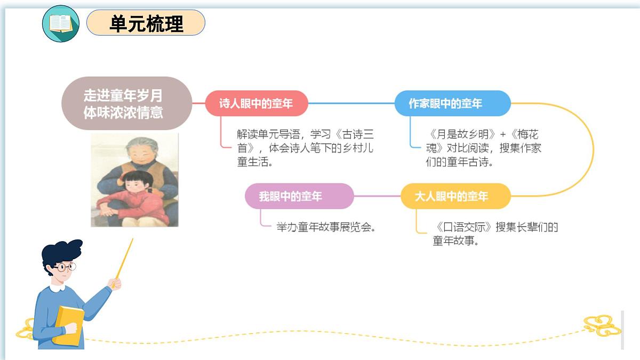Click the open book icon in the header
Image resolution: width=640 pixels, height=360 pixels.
click(60, 23)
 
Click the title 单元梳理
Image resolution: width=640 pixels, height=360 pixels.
click(146, 23)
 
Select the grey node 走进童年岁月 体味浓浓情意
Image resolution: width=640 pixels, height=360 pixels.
click(126, 103)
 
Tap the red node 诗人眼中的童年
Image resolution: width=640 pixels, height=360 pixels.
click(257, 103)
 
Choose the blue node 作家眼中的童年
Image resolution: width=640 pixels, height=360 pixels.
click(452, 103)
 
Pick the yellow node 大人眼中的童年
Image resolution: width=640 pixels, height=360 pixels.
click(455, 196)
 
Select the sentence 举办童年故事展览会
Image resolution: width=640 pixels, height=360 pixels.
click(327, 227)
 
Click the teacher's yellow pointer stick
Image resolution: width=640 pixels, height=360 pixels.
click(124, 259)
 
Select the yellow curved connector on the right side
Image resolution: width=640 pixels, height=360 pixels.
click(592, 149)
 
